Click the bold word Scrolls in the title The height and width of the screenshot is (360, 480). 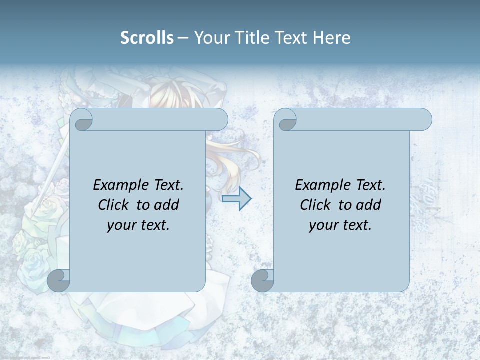(147, 37)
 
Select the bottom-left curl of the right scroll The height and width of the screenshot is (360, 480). (263, 280)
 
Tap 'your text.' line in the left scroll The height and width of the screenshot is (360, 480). (138, 225)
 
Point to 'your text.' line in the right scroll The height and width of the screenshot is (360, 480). (340, 225)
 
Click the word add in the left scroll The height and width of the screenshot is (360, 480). (167, 205)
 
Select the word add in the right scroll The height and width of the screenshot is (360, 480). (369, 205)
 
